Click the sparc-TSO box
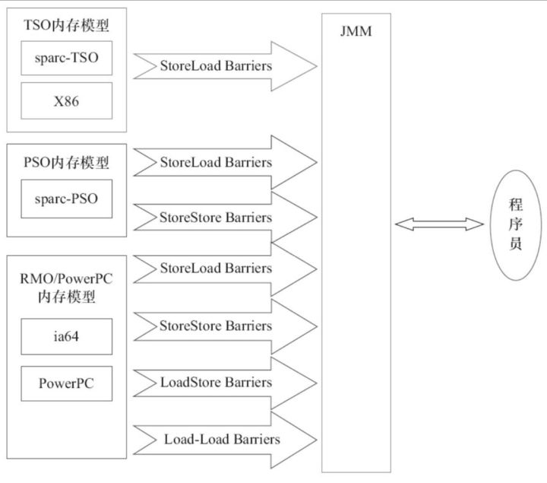[66, 58]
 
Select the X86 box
[66, 101]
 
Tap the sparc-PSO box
[66, 199]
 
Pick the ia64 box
[66, 336]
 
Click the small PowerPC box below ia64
[66, 383]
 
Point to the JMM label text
[356, 31]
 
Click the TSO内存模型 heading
[66, 25]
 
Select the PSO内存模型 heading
[66, 163]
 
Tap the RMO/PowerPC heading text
[66, 278]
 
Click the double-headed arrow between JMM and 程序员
[439, 224]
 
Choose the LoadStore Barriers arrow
[225, 383]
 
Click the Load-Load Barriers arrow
[225, 440]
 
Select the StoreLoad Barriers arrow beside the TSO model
[225, 66]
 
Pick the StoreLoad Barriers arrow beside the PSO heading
[225, 163]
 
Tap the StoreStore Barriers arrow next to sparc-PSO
[225, 218]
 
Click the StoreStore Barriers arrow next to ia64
[225, 326]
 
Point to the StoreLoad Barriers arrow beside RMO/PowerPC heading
[225, 269]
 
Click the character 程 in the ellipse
[516, 205]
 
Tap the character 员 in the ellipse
[516, 243]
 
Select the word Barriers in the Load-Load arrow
[257, 440]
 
